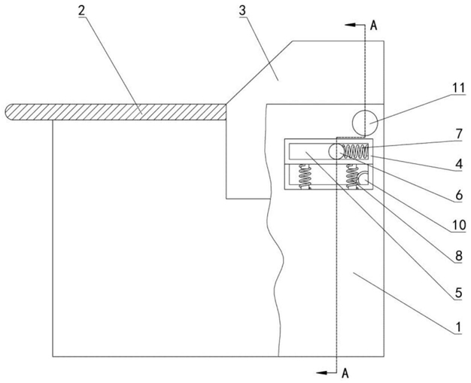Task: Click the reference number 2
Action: tap(82, 11)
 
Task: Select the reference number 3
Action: tap(242, 11)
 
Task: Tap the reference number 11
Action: tap(459, 89)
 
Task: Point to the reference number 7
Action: tap(459, 134)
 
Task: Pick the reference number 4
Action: tap(459, 165)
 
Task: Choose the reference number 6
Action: tap(459, 196)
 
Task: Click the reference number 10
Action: tap(459, 225)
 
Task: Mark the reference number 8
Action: tap(459, 256)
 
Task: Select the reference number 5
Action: tap(459, 293)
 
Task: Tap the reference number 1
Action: tap(458, 327)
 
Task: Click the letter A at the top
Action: tap(373, 26)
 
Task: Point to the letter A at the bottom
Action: tap(345, 373)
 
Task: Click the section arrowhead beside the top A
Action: tap(350, 25)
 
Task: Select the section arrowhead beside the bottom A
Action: tap(321, 372)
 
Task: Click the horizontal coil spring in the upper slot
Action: tap(356, 151)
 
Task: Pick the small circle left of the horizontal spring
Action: tap(336, 151)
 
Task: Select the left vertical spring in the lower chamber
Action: tap(305, 177)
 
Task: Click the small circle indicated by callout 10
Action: tap(363, 179)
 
